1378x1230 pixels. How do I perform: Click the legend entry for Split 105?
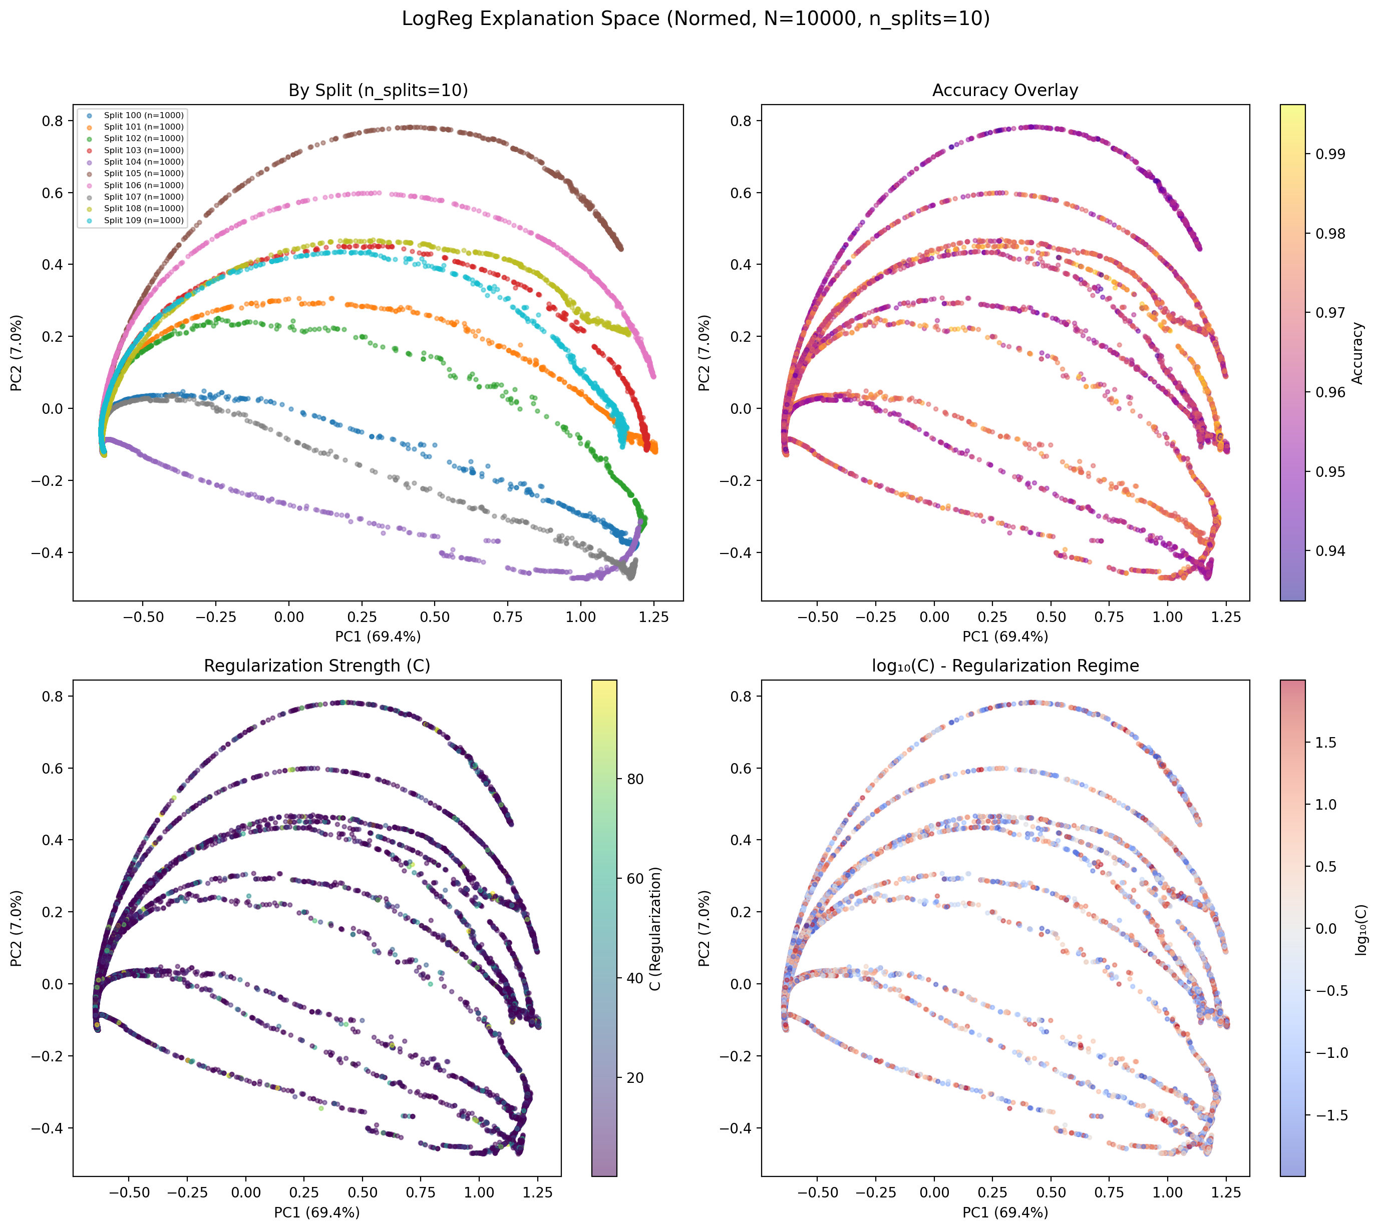(x=143, y=174)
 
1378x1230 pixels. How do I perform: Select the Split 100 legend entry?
(x=143, y=116)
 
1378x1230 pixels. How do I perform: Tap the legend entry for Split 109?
(x=143, y=220)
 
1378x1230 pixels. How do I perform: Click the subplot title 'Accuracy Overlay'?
(x=1005, y=91)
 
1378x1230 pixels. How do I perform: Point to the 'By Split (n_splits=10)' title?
(x=378, y=91)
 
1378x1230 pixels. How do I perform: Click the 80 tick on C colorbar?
(x=635, y=779)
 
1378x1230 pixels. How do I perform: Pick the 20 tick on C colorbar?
(x=635, y=1078)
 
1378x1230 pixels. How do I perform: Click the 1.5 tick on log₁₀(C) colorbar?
(x=1326, y=743)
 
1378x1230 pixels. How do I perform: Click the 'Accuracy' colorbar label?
(x=1357, y=353)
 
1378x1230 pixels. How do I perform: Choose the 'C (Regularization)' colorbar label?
(x=654, y=929)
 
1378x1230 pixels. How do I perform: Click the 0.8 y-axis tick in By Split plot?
(x=53, y=121)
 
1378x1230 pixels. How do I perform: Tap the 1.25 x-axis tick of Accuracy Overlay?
(x=1225, y=617)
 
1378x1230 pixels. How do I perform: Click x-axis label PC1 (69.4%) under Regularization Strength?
(x=316, y=1212)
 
